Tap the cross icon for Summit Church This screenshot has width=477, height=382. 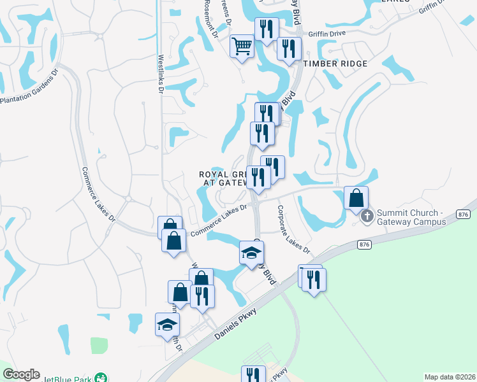(x=367, y=216)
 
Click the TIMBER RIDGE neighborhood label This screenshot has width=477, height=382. (x=335, y=64)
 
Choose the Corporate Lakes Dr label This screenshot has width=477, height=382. (x=293, y=228)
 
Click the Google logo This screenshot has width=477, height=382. (x=21, y=374)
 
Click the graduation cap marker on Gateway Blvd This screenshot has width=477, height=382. (x=251, y=252)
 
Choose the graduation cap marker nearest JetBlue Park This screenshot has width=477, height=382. (x=168, y=324)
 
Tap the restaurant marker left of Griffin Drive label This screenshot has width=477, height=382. (x=266, y=28)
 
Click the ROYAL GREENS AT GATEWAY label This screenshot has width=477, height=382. (x=223, y=178)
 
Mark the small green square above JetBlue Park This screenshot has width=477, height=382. (x=99, y=345)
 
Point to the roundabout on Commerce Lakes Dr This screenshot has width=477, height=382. (x=128, y=199)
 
